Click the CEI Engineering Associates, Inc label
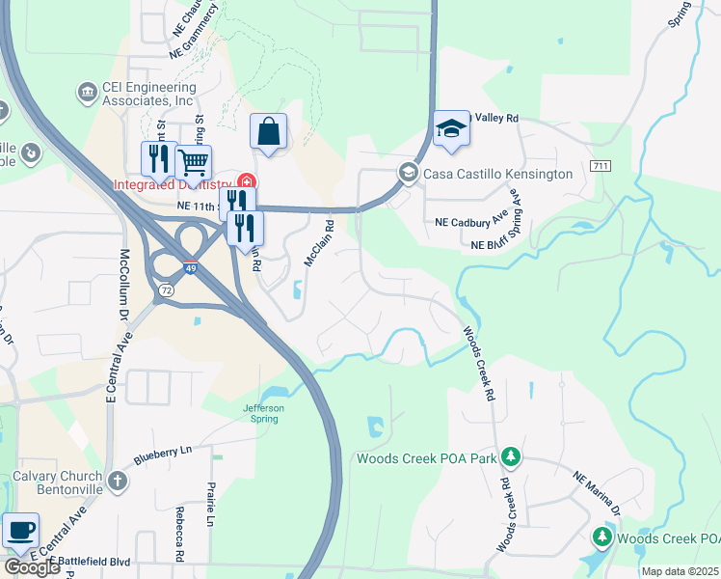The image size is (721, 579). click(149, 94)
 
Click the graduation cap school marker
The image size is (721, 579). click(451, 130)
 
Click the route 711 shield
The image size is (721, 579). click(601, 165)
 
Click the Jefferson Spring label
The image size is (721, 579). click(263, 413)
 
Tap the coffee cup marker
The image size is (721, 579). click(20, 530)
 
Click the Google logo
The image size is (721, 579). click(32, 567)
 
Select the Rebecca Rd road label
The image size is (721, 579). click(179, 532)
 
